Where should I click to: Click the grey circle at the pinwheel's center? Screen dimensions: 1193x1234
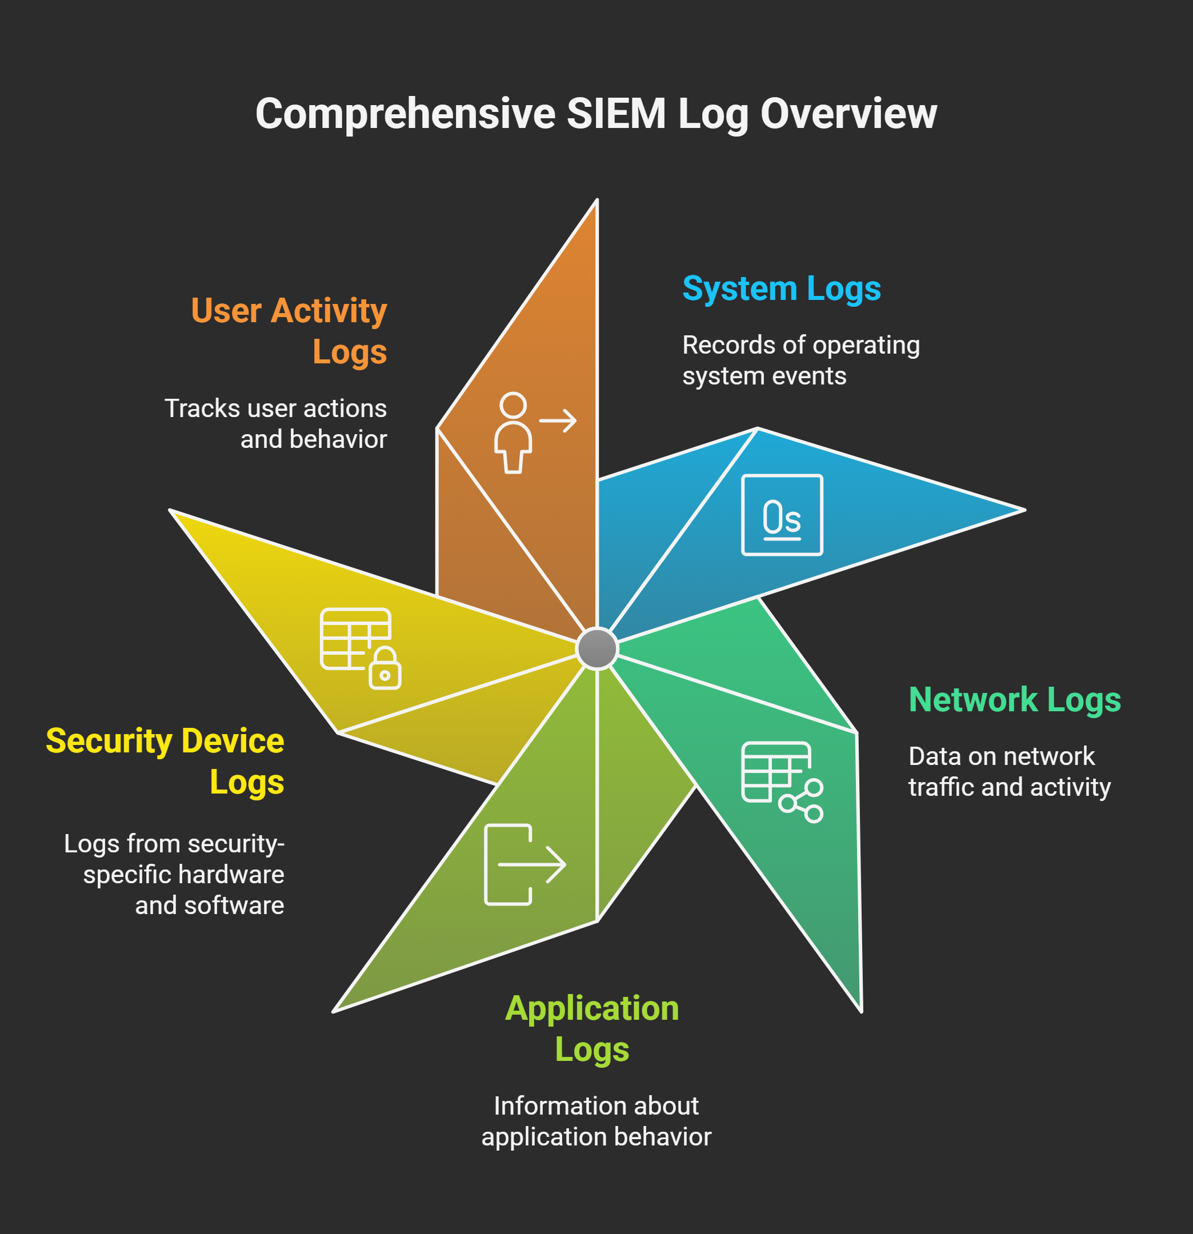pos(597,648)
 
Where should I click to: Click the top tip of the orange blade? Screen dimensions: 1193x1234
pos(597,200)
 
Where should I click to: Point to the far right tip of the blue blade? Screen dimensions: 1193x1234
pos(1025,510)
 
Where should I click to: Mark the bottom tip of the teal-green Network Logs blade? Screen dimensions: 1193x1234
pos(860,1011)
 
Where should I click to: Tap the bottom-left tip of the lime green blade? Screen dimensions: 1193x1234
pos(334,1011)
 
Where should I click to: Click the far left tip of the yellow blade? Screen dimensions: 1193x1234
pos(170,510)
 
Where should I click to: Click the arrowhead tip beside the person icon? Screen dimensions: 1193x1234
pos(576,420)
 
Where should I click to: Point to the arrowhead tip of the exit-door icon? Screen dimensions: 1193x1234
pos(565,864)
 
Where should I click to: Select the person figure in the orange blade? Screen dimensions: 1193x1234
pos(513,432)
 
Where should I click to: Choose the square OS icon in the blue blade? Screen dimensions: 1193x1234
pos(782,515)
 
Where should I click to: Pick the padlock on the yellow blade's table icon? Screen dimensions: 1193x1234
pos(385,668)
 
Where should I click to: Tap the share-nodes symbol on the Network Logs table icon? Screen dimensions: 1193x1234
pos(801,801)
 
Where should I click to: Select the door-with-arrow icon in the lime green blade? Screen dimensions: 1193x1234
pos(525,864)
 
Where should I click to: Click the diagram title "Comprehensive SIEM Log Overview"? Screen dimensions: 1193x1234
pos(596,114)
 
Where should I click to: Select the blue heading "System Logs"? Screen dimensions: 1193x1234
pos(781,289)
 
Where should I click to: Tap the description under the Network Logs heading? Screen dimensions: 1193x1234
pos(1009,771)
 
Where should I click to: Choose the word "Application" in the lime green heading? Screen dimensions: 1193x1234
pos(593,1008)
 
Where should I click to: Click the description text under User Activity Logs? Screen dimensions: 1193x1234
pos(276,424)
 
